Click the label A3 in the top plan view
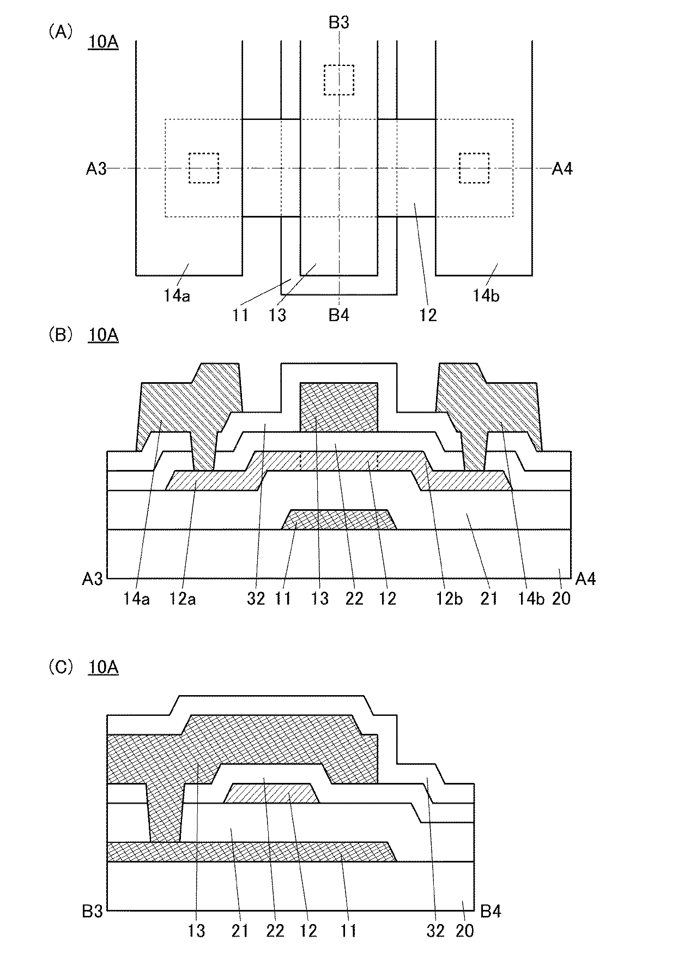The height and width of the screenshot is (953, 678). (96, 170)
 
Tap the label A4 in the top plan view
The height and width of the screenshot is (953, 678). (562, 169)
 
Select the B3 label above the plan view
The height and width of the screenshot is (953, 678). (338, 22)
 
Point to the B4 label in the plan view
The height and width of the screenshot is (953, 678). (338, 315)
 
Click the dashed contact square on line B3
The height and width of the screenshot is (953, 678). (338, 80)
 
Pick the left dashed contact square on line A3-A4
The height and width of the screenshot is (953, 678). (203, 168)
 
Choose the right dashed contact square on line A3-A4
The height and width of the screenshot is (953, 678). (474, 168)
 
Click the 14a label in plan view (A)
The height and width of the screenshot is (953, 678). (177, 296)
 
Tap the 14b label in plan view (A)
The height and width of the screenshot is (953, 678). (486, 296)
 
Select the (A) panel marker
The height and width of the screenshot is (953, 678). (60, 33)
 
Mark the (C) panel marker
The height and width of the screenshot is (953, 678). (60, 667)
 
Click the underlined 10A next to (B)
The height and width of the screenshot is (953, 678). (103, 335)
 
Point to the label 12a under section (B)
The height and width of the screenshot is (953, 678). (182, 599)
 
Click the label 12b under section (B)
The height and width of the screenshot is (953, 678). (449, 599)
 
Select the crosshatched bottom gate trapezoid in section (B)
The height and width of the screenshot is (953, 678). (338, 520)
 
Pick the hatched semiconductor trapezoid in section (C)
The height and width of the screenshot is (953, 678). (271, 793)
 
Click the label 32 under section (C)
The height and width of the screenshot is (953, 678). (435, 931)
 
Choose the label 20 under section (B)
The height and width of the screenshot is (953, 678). (561, 599)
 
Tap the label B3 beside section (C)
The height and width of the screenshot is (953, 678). (92, 911)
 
